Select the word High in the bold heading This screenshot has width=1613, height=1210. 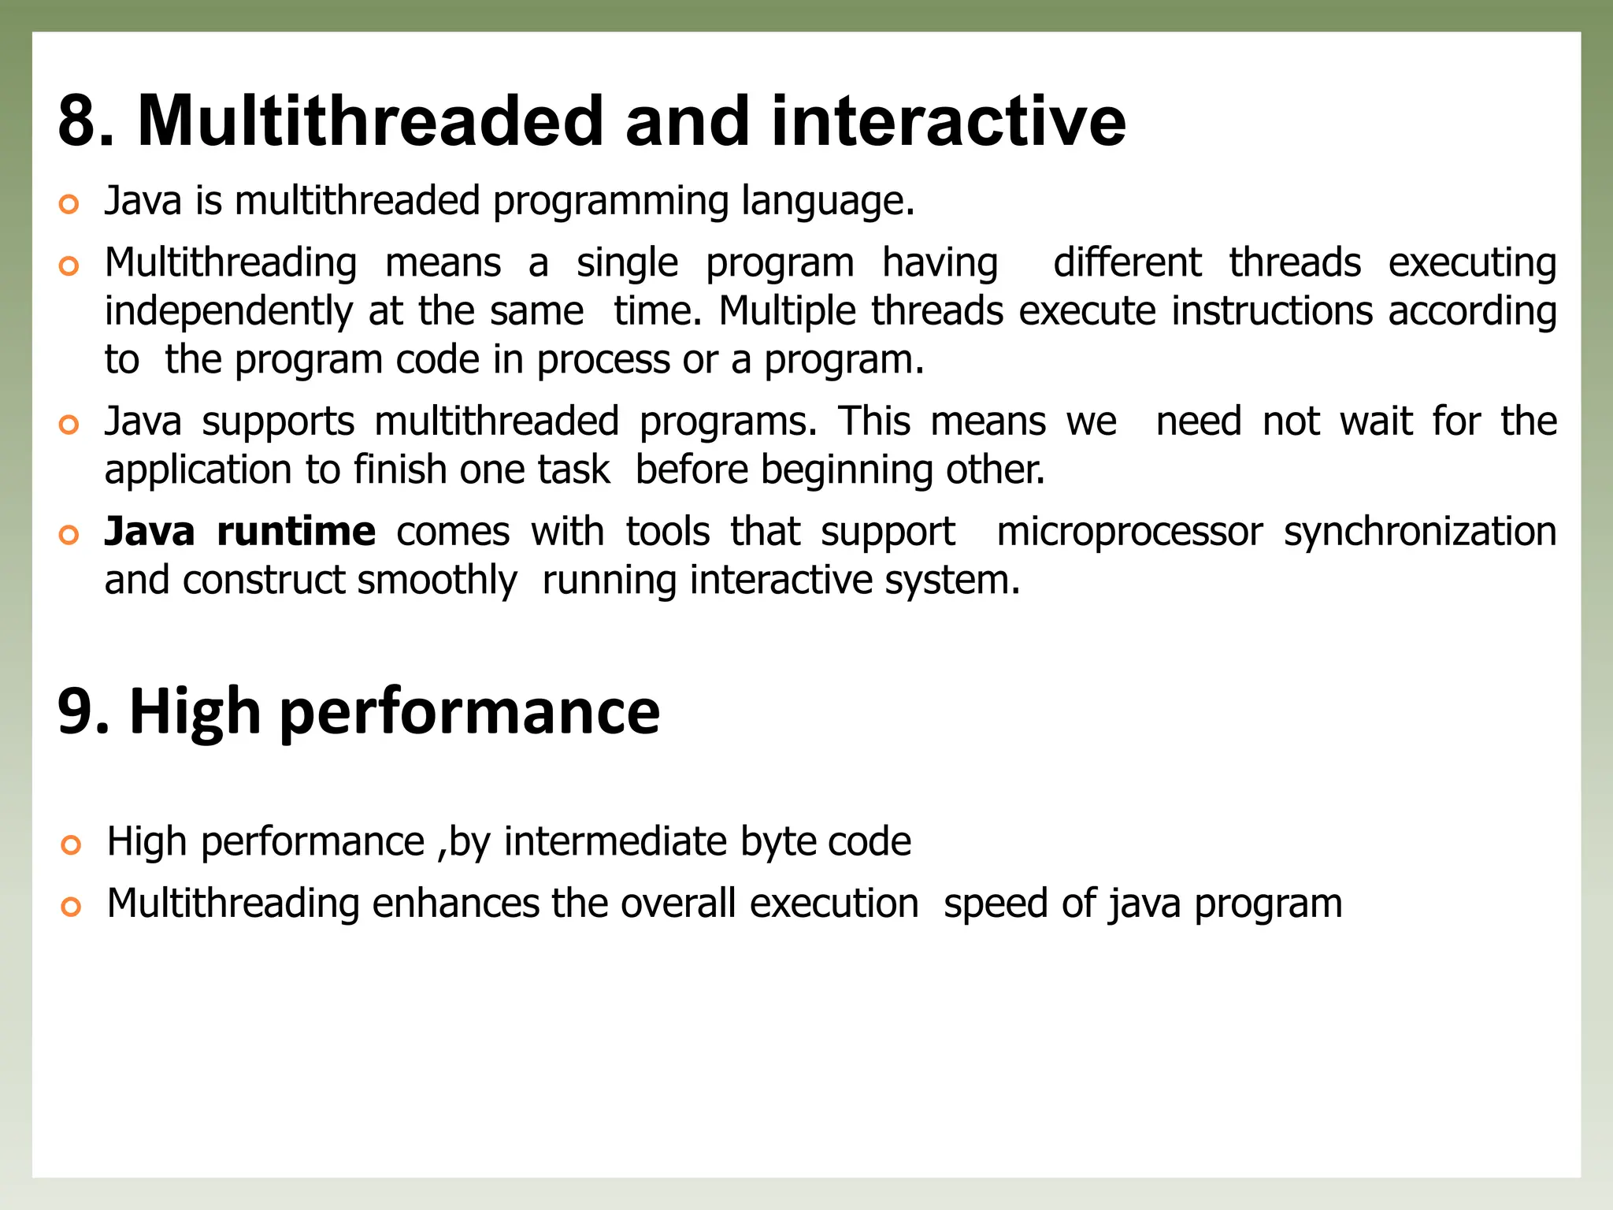pyautogui.click(x=195, y=711)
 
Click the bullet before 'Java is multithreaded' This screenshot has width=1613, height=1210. pyautogui.click(x=69, y=205)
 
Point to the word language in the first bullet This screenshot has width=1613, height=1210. pyautogui.click(x=827, y=202)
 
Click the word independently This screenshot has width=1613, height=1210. pyautogui.click(x=228, y=312)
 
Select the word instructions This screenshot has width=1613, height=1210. pyautogui.click(x=1272, y=310)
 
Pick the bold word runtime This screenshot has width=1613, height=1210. pyautogui.click(x=296, y=532)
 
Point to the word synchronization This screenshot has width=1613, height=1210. pyautogui.click(x=1420, y=533)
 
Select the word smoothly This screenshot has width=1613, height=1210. pyautogui.click(x=437, y=581)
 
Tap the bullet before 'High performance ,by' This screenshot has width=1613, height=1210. pyautogui.click(x=71, y=846)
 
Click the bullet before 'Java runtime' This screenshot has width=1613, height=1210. pyautogui.click(x=69, y=536)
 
